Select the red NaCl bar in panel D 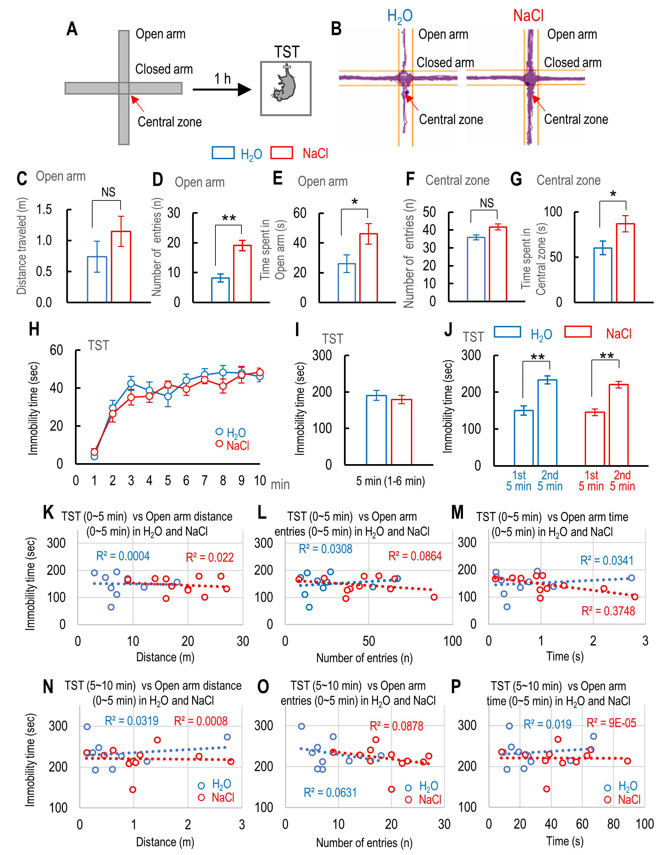242,273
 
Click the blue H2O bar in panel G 602,275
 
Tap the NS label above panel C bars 109,192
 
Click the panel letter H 34,329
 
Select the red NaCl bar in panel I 401,431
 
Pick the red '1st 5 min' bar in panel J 595,438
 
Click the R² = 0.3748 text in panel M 608,611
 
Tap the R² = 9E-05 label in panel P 611,723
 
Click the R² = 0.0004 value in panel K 123,556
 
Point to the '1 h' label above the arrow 222,79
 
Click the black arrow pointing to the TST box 221,90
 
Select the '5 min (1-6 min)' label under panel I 390,481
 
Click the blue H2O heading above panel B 400,16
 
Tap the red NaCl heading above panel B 528,16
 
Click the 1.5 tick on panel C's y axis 44,209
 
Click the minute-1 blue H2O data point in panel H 94,456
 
